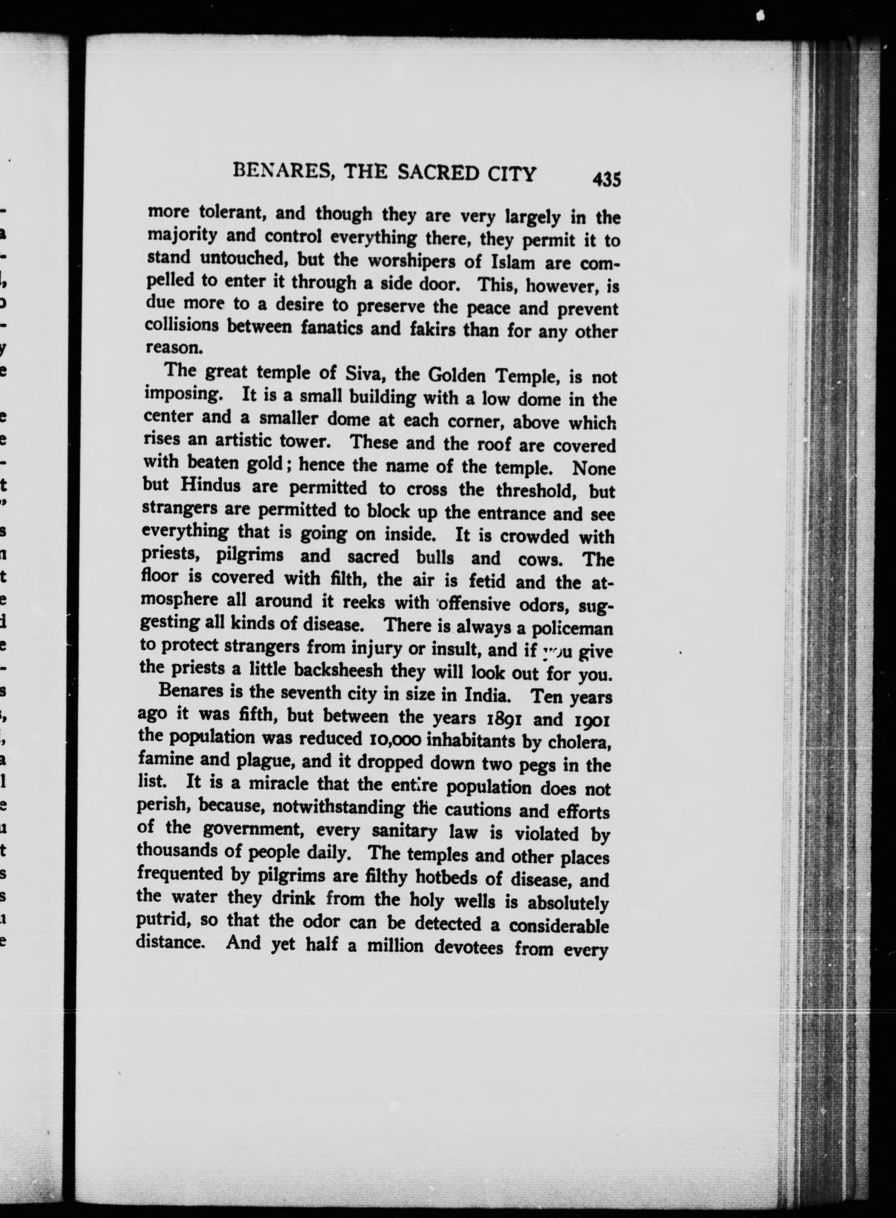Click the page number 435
point(606,178)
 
